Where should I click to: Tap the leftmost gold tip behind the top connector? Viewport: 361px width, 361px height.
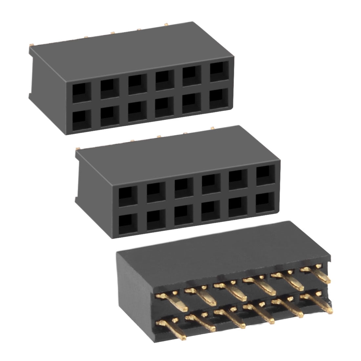tap(32, 45)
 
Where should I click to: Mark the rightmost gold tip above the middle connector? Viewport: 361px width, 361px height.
tap(213, 127)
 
